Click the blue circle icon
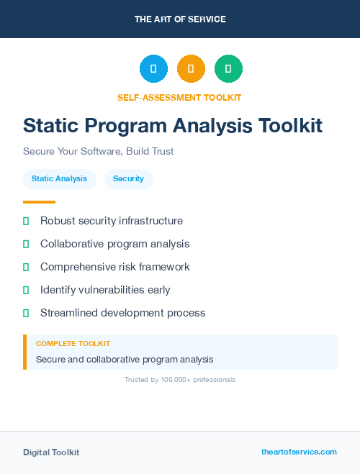(x=153, y=68)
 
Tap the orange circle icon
(x=191, y=68)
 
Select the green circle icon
(x=228, y=68)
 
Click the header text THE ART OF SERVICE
(x=180, y=19)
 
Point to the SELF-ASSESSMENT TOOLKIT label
(x=179, y=97)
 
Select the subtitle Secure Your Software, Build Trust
(x=99, y=152)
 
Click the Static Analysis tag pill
(x=59, y=178)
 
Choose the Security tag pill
(x=128, y=178)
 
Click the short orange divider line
(x=39, y=202)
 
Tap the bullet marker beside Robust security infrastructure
(x=26, y=221)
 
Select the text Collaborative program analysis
(x=114, y=244)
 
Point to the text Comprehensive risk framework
(x=114, y=267)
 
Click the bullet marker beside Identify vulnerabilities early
(x=26, y=290)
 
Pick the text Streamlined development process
(x=122, y=313)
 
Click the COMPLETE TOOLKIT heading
(x=73, y=344)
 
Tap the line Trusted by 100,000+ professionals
(x=180, y=379)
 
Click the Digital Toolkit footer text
(x=51, y=452)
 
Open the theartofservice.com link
(x=299, y=452)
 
